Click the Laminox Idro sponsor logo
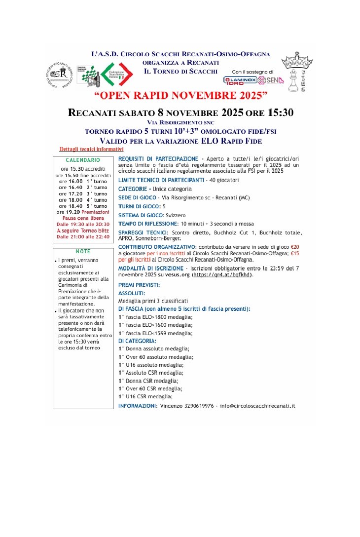[240, 80]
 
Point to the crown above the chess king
[296, 62]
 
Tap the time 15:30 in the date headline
[280, 112]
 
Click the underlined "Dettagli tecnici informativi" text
[91, 149]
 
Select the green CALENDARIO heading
[83, 160]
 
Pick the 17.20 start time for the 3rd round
[69, 194]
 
